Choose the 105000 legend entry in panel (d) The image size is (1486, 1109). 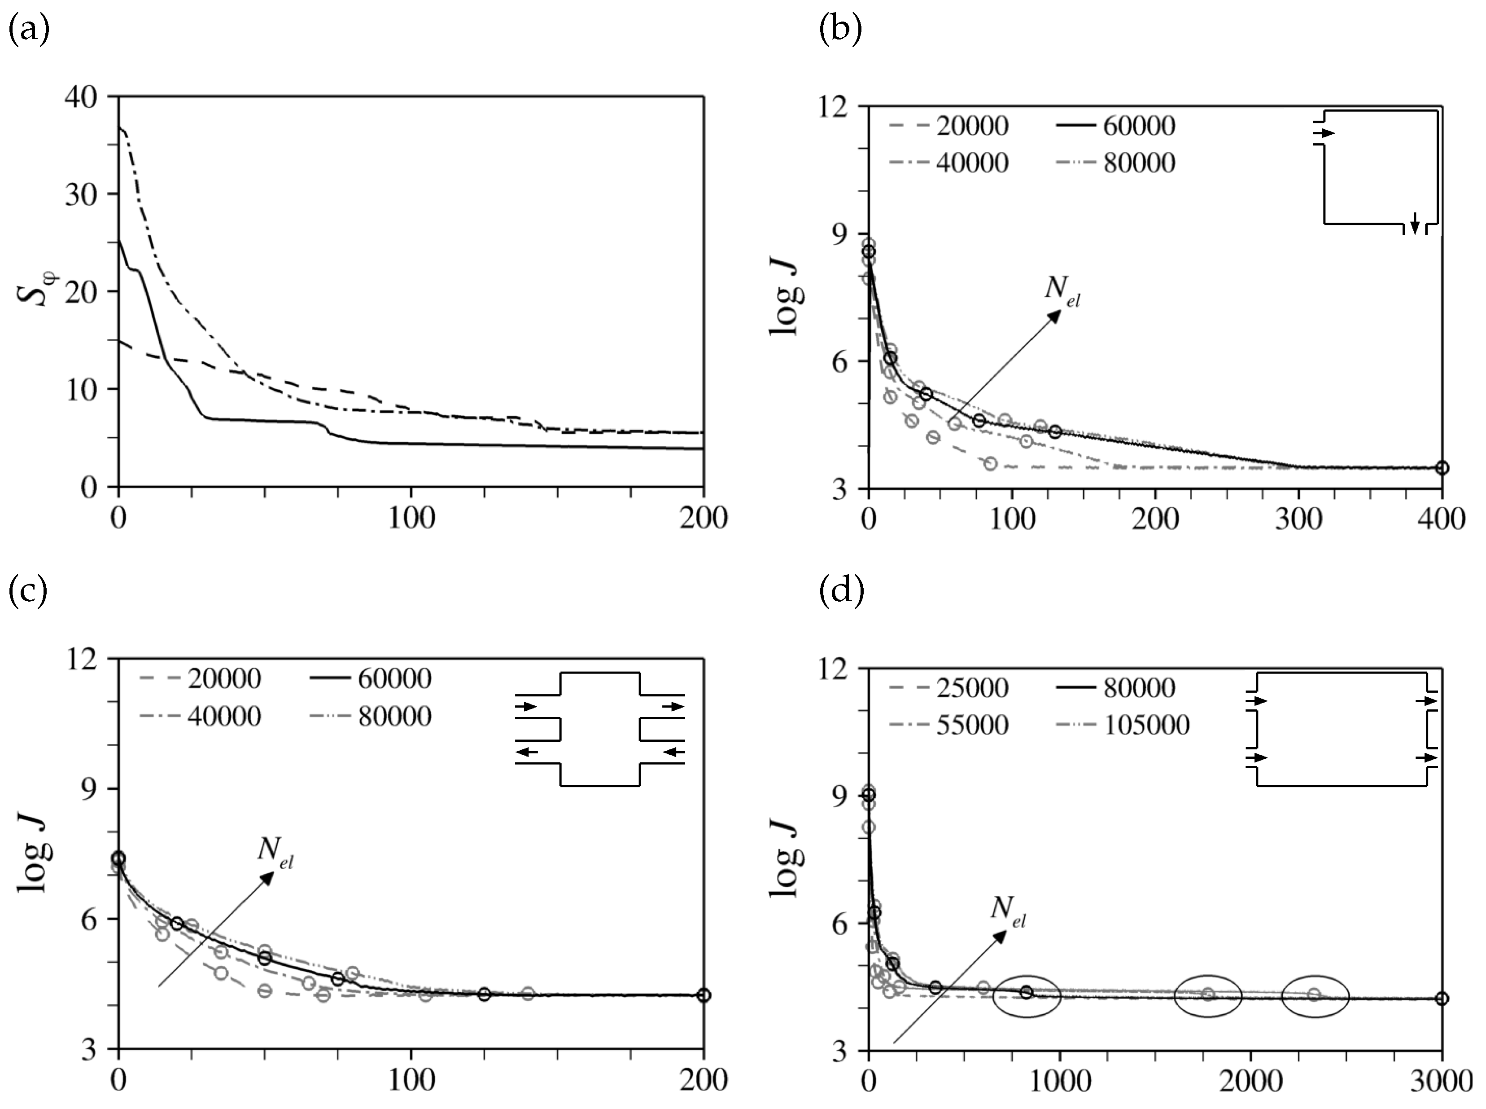[1146, 725]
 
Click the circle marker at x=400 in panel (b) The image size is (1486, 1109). [1442, 468]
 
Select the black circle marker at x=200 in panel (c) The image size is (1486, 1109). [703, 995]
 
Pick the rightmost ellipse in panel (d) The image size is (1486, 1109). [1315, 997]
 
